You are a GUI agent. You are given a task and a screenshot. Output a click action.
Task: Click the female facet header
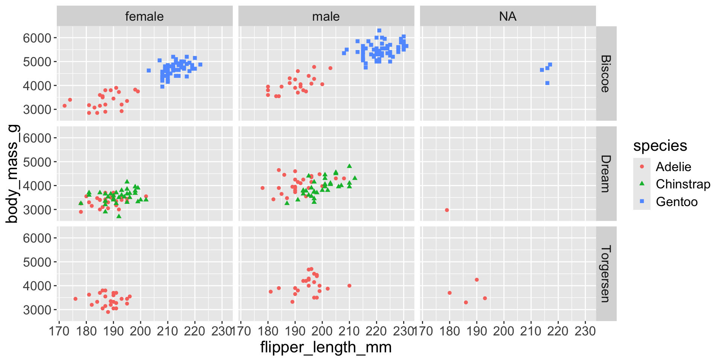click(144, 17)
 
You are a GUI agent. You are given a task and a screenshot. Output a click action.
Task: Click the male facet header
click(326, 17)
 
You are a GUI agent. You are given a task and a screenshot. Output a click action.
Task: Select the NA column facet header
click(508, 17)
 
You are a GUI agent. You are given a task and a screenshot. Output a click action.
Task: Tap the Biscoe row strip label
click(605, 74)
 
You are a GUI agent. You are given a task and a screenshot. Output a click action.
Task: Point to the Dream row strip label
click(605, 174)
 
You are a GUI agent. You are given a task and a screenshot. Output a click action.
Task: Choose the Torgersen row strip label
click(605, 274)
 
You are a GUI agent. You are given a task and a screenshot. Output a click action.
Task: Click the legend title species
click(660, 146)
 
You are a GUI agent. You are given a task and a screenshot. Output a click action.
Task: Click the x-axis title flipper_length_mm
click(326, 347)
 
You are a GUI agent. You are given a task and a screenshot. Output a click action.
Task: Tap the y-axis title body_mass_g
click(12, 174)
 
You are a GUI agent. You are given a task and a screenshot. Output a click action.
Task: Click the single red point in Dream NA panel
click(447, 210)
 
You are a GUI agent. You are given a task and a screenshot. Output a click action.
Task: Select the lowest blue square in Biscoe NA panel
click(547, 83)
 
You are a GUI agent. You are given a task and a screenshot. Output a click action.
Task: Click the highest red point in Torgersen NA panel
click(477, 280)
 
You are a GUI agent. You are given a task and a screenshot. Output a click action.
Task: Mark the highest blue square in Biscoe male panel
click(379, 31)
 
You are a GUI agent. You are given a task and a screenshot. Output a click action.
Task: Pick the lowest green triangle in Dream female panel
click(119, 216)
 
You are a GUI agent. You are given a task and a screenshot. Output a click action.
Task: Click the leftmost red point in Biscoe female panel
click(65, 106)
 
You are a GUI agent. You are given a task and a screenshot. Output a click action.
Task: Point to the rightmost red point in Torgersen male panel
click(349, 286)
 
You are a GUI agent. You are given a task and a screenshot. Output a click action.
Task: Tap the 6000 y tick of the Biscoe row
click(37, 38)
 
